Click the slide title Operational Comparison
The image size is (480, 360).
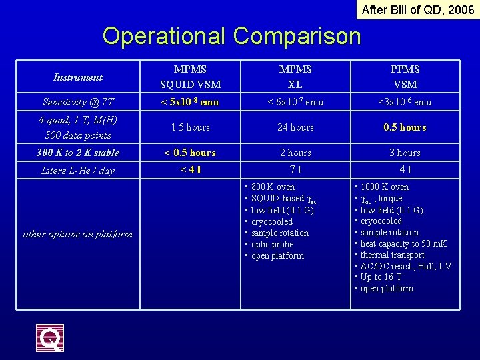click(231, 35)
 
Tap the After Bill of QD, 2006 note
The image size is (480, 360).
click(417, 10)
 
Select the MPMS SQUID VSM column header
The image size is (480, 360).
click(190, 77)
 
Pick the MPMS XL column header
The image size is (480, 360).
click(295, 77)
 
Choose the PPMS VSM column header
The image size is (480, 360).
click(405, 77)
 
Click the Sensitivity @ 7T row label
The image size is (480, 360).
click(78, 102)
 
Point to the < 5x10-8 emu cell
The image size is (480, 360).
click(190, 102)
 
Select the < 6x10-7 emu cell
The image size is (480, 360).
click(295, 102)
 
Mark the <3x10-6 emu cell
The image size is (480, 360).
click(405, 102)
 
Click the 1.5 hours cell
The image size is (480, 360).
click(190, 127)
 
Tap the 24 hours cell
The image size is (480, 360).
click(295, 127)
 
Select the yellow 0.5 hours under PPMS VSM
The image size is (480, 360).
click(405, 127)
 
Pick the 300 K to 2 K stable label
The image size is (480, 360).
click(78, 153)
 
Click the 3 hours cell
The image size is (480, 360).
click(405, 153)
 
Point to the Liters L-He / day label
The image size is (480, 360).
click(78, 171)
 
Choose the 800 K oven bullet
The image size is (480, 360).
click(273, 187)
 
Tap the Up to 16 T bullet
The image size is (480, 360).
click(381, 277)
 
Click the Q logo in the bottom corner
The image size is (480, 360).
click(50, 338)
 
